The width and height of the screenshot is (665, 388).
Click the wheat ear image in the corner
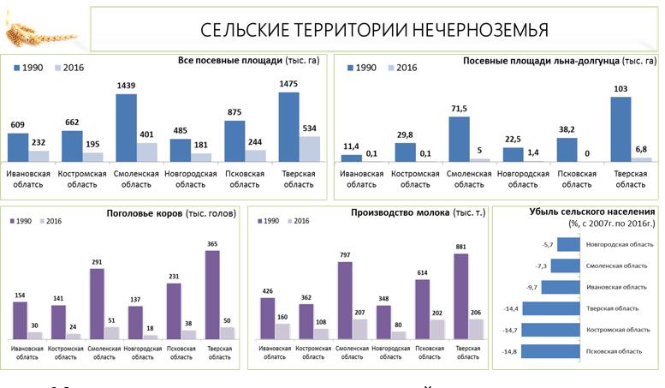pos(32,30)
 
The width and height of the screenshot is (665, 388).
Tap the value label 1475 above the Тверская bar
pos(288,83)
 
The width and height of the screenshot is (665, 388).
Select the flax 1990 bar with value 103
pos(620,128)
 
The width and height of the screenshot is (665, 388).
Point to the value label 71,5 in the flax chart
pos(459,109)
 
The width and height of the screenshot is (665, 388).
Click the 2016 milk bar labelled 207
pos(360,328)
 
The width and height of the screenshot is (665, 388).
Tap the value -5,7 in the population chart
pos(548,245)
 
